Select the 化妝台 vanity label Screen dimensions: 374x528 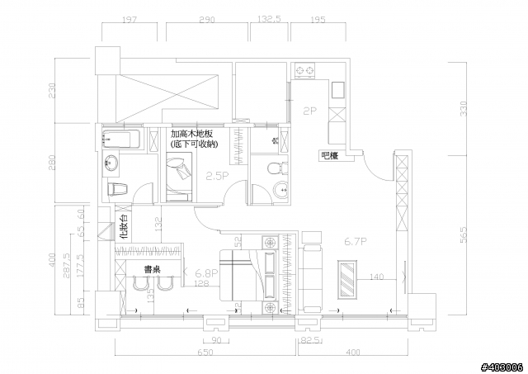123,227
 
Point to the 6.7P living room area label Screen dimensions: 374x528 354,241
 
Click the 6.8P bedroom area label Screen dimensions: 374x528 206,271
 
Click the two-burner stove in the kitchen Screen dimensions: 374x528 305,71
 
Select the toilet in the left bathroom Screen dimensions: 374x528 117,188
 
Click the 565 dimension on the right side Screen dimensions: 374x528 463,235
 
